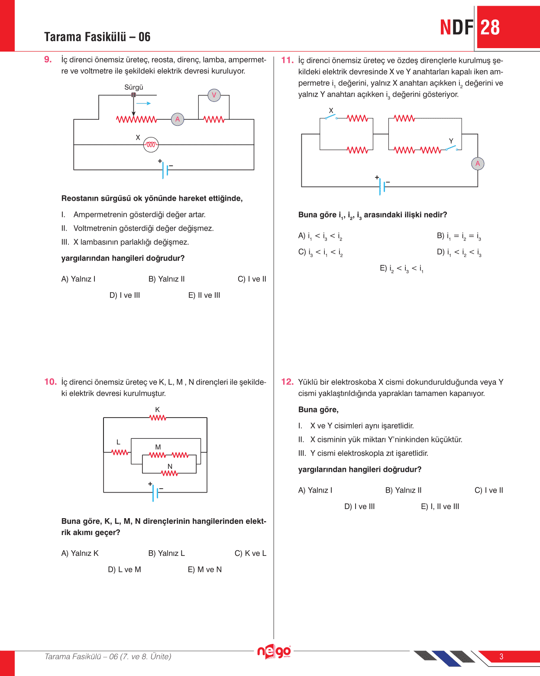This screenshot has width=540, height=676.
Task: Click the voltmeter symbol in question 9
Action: click(x=214, y=95)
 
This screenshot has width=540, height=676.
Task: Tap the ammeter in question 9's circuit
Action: click(x=178, y=119)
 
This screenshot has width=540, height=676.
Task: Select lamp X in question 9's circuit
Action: click(x=151, y=145)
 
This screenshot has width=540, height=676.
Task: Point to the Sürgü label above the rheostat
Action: click(x=134, y=88)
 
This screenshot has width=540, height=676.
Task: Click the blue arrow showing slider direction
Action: click(x=143, y=103)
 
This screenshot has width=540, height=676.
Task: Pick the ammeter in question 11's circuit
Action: click(x=478, y=163)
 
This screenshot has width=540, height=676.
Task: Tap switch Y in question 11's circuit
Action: click(x=451, y=148)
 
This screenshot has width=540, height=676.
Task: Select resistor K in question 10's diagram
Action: click(x=158, y=418)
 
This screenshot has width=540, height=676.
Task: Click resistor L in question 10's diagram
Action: click(x=120, y=452)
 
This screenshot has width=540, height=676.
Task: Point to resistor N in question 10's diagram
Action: click(x=170, y=473)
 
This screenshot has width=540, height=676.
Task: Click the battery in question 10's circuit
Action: click(x=155, y=492)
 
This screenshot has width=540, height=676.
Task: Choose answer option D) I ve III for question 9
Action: click(x=125, y=295)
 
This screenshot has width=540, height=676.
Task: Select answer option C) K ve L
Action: click(x=250, y=553)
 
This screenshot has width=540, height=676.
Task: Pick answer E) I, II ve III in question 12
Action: click(x=440, y=506)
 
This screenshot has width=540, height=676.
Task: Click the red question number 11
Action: click(x=287, y=60)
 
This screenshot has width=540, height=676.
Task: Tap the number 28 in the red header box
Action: click(x=490, y=28)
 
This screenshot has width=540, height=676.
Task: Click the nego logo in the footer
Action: click(x=274, y=651)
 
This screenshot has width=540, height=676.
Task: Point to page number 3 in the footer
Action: click(x=501, y=656)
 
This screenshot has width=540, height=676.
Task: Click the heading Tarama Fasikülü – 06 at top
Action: click(x=97, y=37)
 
